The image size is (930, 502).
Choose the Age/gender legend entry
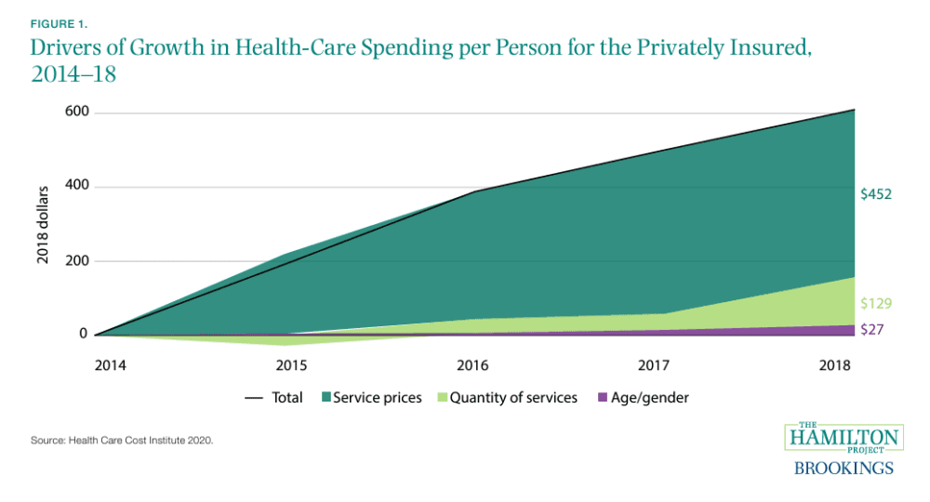648,398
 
